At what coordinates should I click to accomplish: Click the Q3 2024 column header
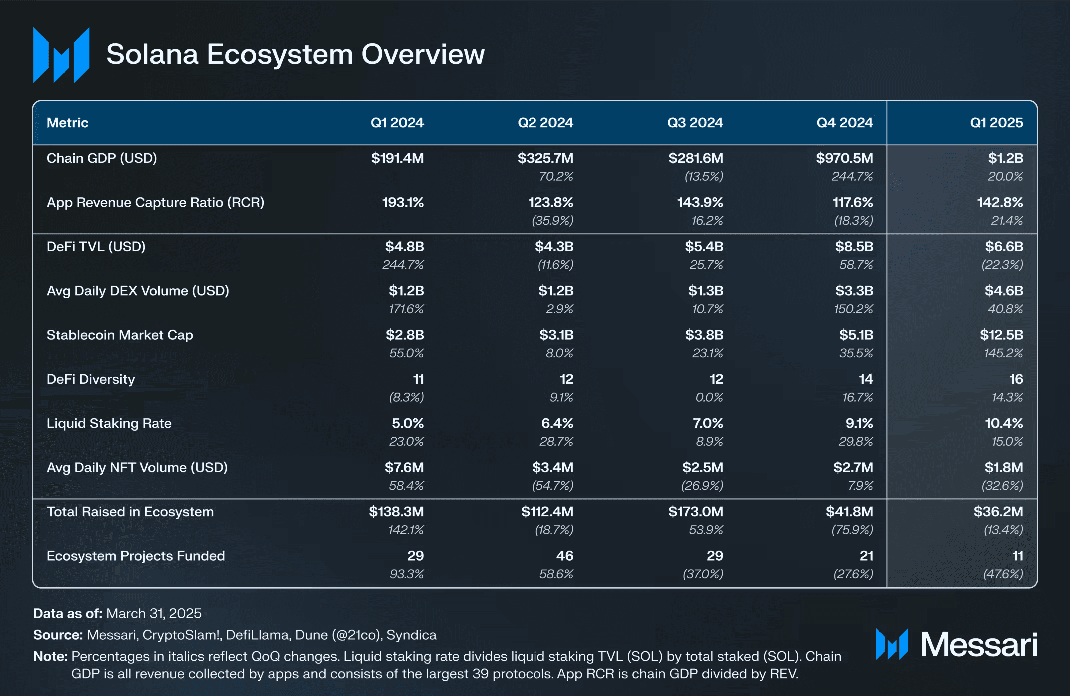695,123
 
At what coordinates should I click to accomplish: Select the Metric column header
67,123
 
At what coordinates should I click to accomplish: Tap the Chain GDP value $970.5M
844,158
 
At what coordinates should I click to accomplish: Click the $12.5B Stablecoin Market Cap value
1001,335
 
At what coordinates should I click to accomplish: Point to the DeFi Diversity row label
91,379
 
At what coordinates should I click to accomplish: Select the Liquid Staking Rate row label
109,423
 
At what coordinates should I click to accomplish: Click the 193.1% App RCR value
403,202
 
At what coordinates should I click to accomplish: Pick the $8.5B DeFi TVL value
854,246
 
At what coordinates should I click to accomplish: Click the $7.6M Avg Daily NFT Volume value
404,467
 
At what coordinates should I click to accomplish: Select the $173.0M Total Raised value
695,512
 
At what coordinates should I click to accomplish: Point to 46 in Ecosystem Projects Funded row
564,556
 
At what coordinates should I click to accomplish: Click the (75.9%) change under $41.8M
852,530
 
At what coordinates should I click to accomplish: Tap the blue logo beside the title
61,55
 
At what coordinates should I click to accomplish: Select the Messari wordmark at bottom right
979,644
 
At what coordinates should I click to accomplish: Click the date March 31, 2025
154,613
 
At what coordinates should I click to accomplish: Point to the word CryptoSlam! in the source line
181,635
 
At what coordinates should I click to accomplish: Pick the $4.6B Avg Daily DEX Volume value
1003,291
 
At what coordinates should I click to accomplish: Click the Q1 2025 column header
996,123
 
